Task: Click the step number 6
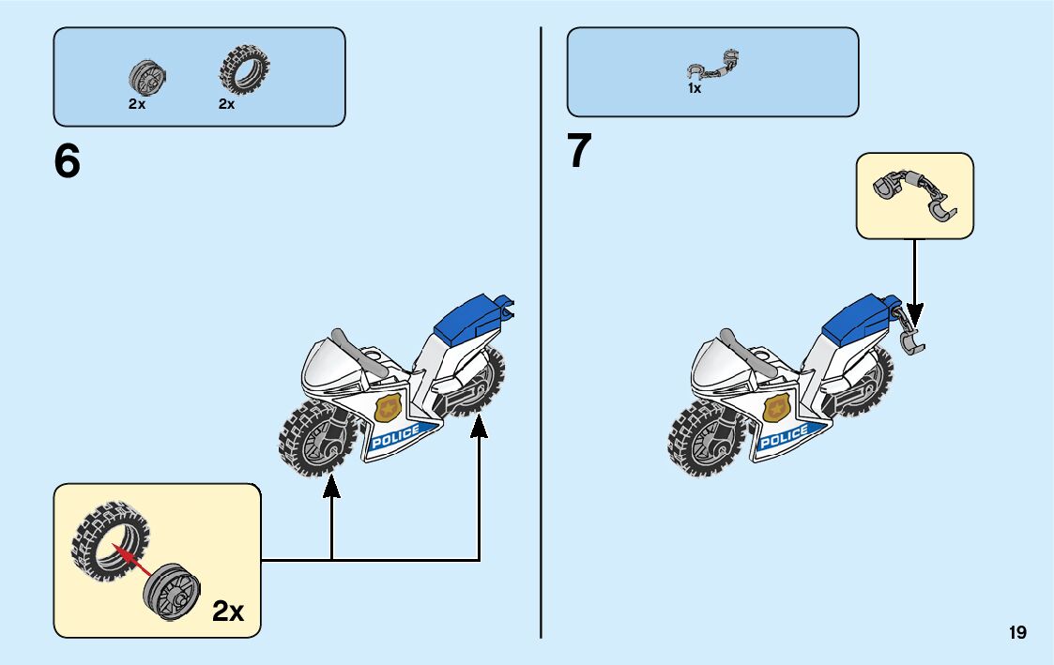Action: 68,162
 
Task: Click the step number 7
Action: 580,152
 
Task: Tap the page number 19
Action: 1017,633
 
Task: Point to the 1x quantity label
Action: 694,89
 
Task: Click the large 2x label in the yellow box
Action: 228,612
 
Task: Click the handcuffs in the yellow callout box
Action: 914,195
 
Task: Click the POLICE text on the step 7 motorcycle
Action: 784,436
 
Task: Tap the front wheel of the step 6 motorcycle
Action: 314,438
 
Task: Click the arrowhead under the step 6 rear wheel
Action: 479,428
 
